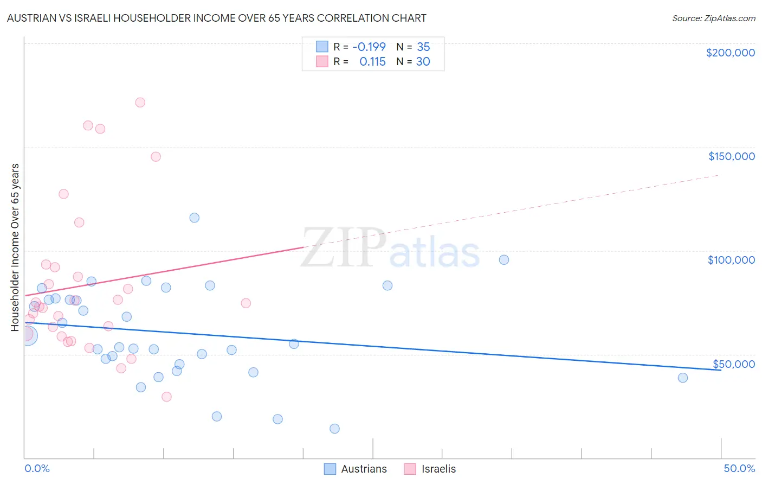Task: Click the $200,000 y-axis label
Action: [x=730, y=53]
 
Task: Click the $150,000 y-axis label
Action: [x=731, y=156]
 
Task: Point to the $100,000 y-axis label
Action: [x=731, y=260]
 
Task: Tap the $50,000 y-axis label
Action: [x=733, y=364]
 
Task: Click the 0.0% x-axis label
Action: [x=37, y=468]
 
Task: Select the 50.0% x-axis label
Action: [x=739, y=468]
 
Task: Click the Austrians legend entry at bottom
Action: [x=356, y=469]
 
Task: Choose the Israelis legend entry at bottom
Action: [x=430, y=469]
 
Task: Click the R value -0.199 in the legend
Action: [x=369, y=47]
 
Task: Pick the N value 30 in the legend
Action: [x=423, y=61]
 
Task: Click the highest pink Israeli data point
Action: [x=140, y=102]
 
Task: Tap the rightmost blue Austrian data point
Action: [x=682, y=378]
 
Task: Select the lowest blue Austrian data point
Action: [x=334, y=429]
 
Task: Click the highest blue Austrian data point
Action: [x=194, y=218]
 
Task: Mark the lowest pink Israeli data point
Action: [x=166, y=397]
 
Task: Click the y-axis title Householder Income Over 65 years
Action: [x=15, y=247]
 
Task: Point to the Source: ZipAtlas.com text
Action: [x=713, y=18]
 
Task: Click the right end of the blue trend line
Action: [x=721, y=370]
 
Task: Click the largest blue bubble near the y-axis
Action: [x=28, y=336]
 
